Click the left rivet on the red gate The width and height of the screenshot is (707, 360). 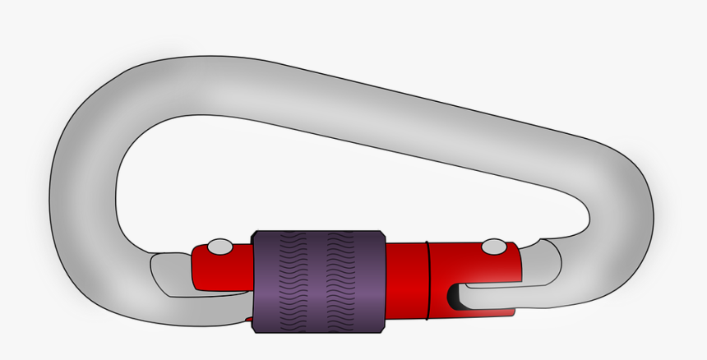pos(219,247)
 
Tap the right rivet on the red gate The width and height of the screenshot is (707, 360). pos(494,247)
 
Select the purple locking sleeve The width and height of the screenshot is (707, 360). pos(319,281)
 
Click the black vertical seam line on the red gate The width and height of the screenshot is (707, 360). pos(428,279)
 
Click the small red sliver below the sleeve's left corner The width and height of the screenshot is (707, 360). pos(249,317)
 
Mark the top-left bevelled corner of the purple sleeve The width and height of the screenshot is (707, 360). pos(255,234)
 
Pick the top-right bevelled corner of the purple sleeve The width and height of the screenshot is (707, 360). pos(383,234)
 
